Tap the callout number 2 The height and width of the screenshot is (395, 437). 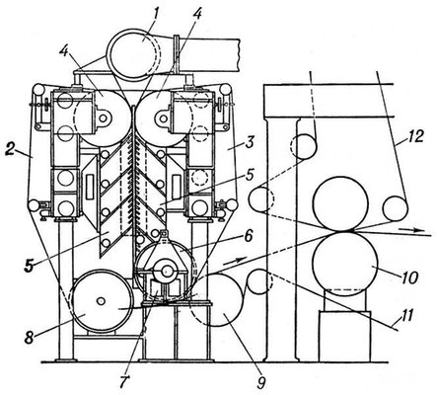coord(11,149)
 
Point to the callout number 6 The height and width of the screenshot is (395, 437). coord(249,235)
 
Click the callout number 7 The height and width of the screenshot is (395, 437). coord(126,381)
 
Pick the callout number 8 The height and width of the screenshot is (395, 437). coord(30,338)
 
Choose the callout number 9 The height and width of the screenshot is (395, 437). coord(260,382)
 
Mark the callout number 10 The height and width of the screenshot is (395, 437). coord(408,277)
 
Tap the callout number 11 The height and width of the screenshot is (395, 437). coord(404,316)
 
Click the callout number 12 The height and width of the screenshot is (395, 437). coord(415,136)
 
